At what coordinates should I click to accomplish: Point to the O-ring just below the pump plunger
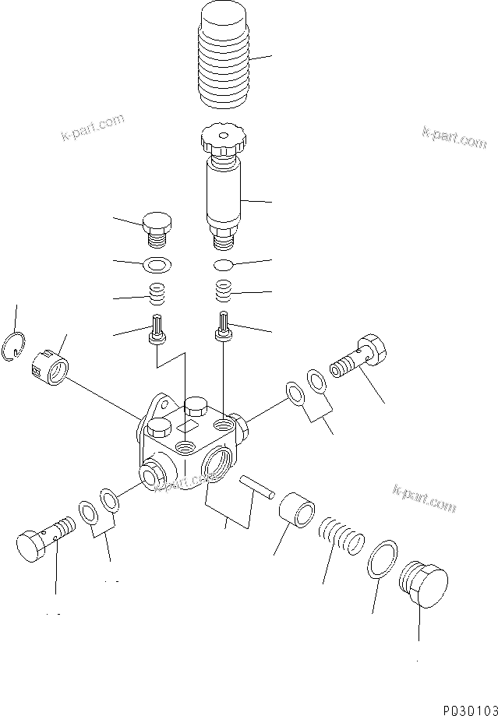224,264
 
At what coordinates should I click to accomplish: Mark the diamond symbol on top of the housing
187,425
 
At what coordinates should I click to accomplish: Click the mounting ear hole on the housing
160,404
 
